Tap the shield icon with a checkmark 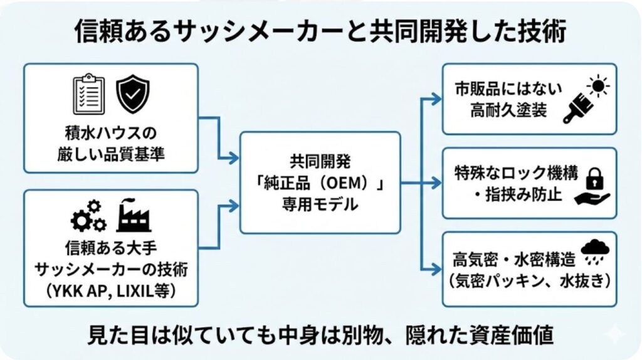pyautogui.click(x=132, y=93)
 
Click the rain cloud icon pyautogui.click(x=594, y=250)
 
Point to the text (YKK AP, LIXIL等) pyautogui.click(x=110, y=291)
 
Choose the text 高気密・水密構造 pyautogui.click(x=508, y=258)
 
